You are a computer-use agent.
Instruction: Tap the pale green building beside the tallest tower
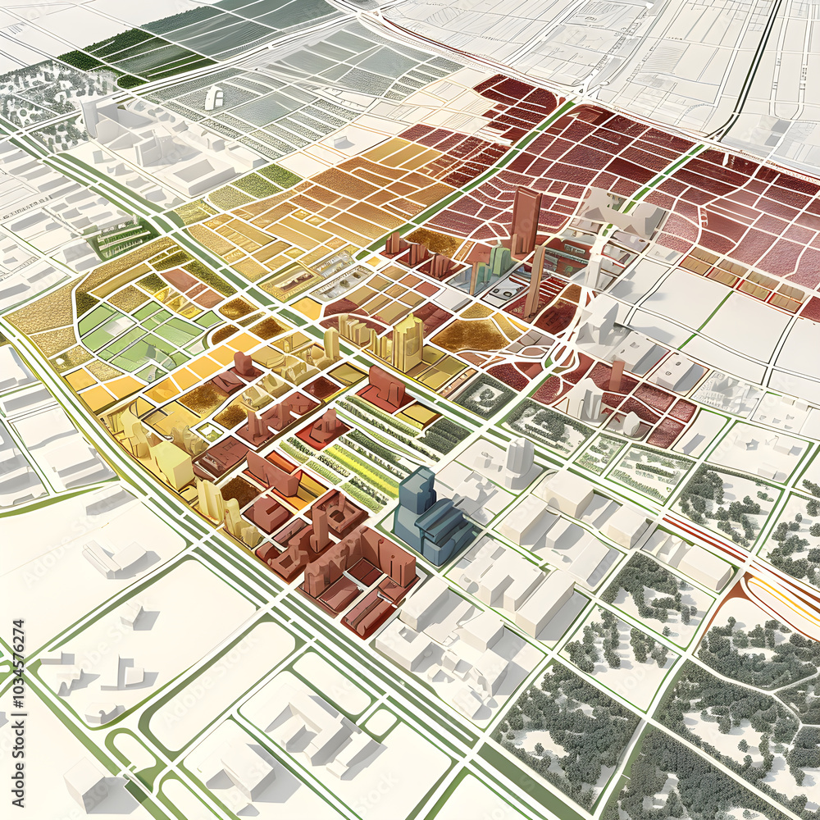click(499, 261)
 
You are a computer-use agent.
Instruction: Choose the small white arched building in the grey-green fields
click(215, 98)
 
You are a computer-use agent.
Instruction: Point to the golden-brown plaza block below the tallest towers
click(471, 335)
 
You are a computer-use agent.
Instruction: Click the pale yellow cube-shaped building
click(173, 464)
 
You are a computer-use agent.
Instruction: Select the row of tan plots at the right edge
click(738, 279)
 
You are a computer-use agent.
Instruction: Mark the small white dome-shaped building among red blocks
click(631, 423)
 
